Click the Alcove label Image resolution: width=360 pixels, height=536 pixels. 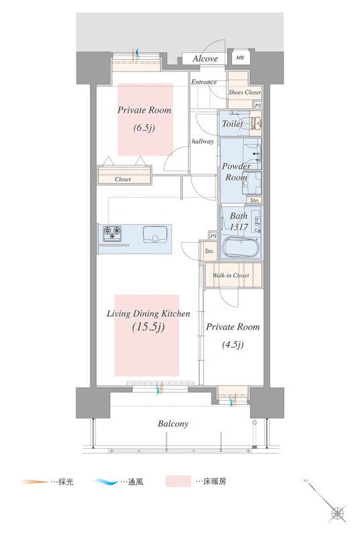pyautogui.click(x=205, y=58)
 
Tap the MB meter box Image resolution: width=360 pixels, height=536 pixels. pyautogui.click(x=240, y=58)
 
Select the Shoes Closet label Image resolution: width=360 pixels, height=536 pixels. pyautogui.click(x=245, y=92)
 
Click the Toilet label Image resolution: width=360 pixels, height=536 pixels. pyautogui.click(x=233, y=123)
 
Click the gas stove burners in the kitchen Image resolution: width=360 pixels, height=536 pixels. pyautogui.click(x=112, y=233)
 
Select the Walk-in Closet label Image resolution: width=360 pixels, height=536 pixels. pyautogui.click(x=231, y=275)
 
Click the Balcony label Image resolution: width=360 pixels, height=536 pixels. pyautogui.click(x=173, y=424)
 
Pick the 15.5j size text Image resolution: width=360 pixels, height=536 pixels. pyautogui.click(x=148, y=327)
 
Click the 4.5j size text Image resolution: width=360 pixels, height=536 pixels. pyautogui.click(x=233, y=344)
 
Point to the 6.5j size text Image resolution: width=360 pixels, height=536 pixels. pyautogui.click(x=144, y=128)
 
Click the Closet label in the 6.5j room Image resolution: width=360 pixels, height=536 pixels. pyautogui.click(x=123, y=179)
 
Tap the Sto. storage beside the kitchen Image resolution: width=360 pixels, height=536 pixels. pyautogui.click(x=208, y=251)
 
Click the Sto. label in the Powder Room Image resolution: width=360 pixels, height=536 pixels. pyautogui.click(x=254, y=200)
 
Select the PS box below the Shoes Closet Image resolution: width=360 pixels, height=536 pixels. pyautogui.click(x=258, y=106)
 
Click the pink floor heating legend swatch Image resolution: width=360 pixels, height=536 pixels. pyautogui.click(x=178, y=481)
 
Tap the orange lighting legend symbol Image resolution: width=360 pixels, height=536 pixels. pyautogui.click(x=35, y=482)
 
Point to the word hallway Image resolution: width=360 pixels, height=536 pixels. pyautogui.click(x=202, y=141)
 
